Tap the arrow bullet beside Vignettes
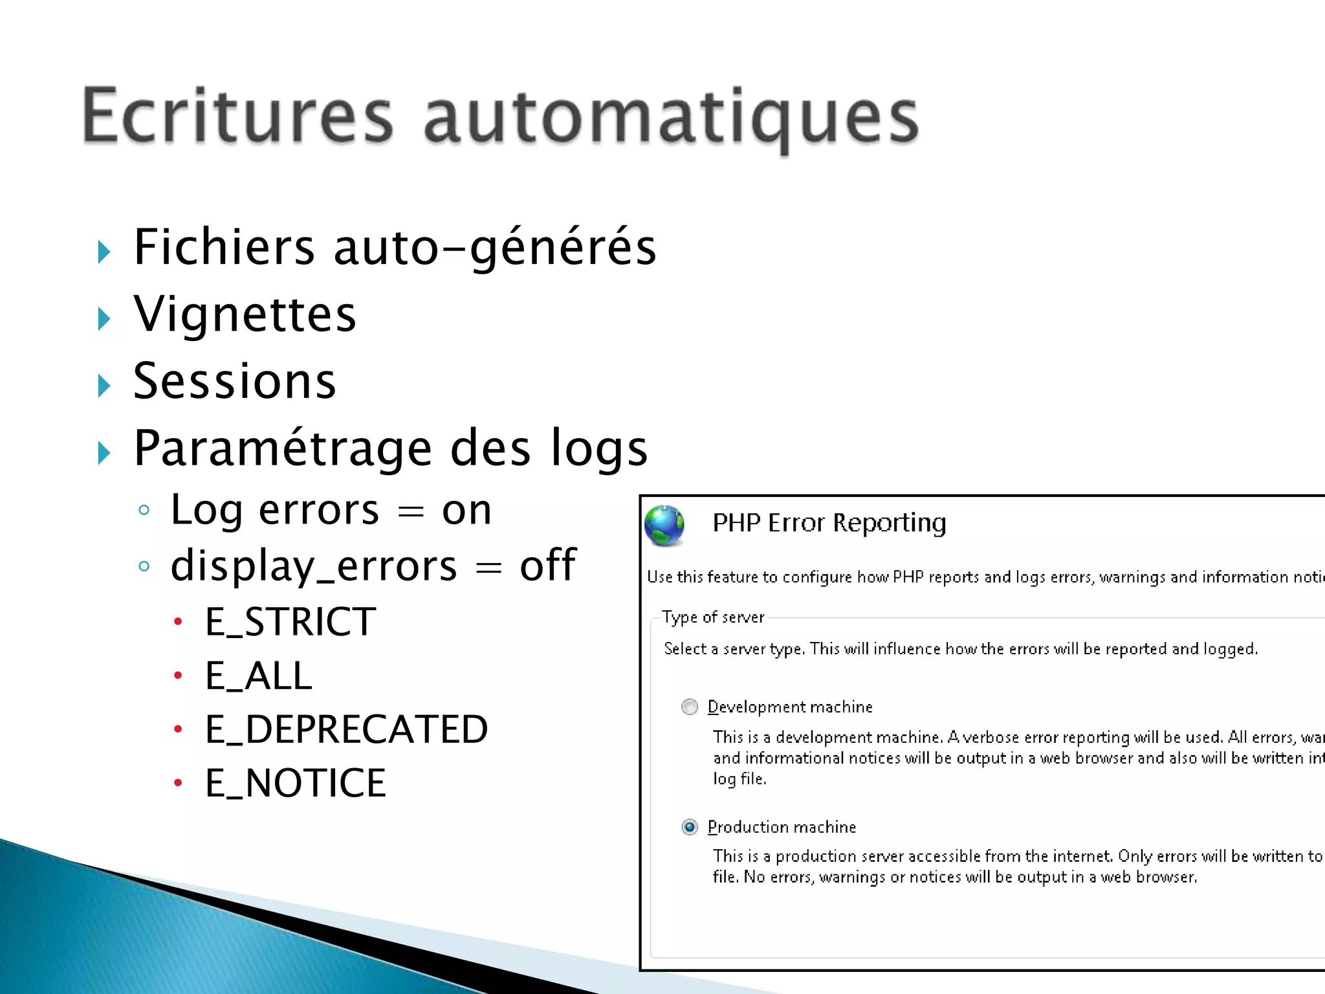coord(104,318)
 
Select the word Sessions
coord(234,381)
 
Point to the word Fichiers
coord(224,247)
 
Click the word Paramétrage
coord(283,448)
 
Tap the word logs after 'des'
coord(598,448)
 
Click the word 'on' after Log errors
coord(466,511)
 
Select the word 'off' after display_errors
coord(547,566)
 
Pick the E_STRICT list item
coord(290,622)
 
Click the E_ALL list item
coord(258,676)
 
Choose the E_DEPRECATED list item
coord(346,730)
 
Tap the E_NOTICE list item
coord(295,784)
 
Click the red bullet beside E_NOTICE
coord(178,784)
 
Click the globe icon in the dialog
coord(664,525)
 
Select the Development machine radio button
coord(690,707)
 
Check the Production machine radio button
coord(690,827)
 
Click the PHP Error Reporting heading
coord(829,523)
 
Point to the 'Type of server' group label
coord(712,617)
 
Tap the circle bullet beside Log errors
coord(144,511)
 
